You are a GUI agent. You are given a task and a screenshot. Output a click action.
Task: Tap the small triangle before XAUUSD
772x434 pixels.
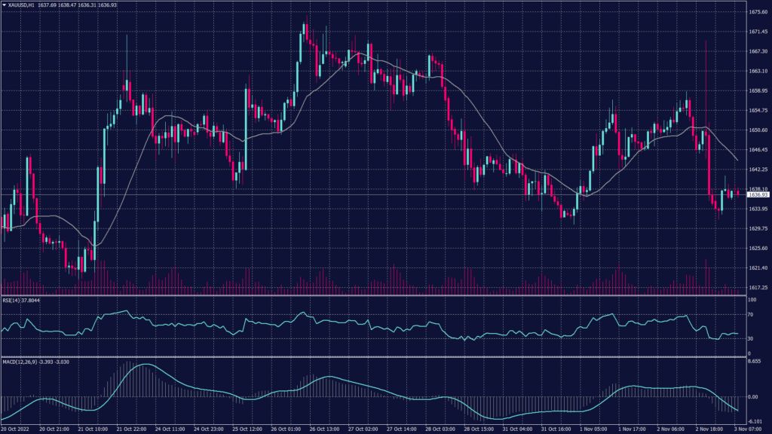point(4,5)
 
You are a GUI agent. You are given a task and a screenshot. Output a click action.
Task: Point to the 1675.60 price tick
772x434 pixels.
point(758,12)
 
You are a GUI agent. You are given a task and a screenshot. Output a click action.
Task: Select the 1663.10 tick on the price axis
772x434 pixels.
point(758,71)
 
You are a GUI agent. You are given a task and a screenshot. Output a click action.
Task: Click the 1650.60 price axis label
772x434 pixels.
point(758,130)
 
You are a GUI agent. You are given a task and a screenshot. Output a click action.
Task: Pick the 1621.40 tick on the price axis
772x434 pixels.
point(758,267)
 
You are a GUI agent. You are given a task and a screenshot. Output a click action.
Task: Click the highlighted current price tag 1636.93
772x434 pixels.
point(758,194)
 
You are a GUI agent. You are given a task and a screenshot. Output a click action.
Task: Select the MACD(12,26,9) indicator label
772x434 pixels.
point(20,362)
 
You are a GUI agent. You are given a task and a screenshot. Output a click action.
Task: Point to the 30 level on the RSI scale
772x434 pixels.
point(751,338)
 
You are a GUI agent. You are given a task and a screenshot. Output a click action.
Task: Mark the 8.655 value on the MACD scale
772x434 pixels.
point(755,362)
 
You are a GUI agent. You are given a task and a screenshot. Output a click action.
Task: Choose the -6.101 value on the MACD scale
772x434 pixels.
point(755,421)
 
